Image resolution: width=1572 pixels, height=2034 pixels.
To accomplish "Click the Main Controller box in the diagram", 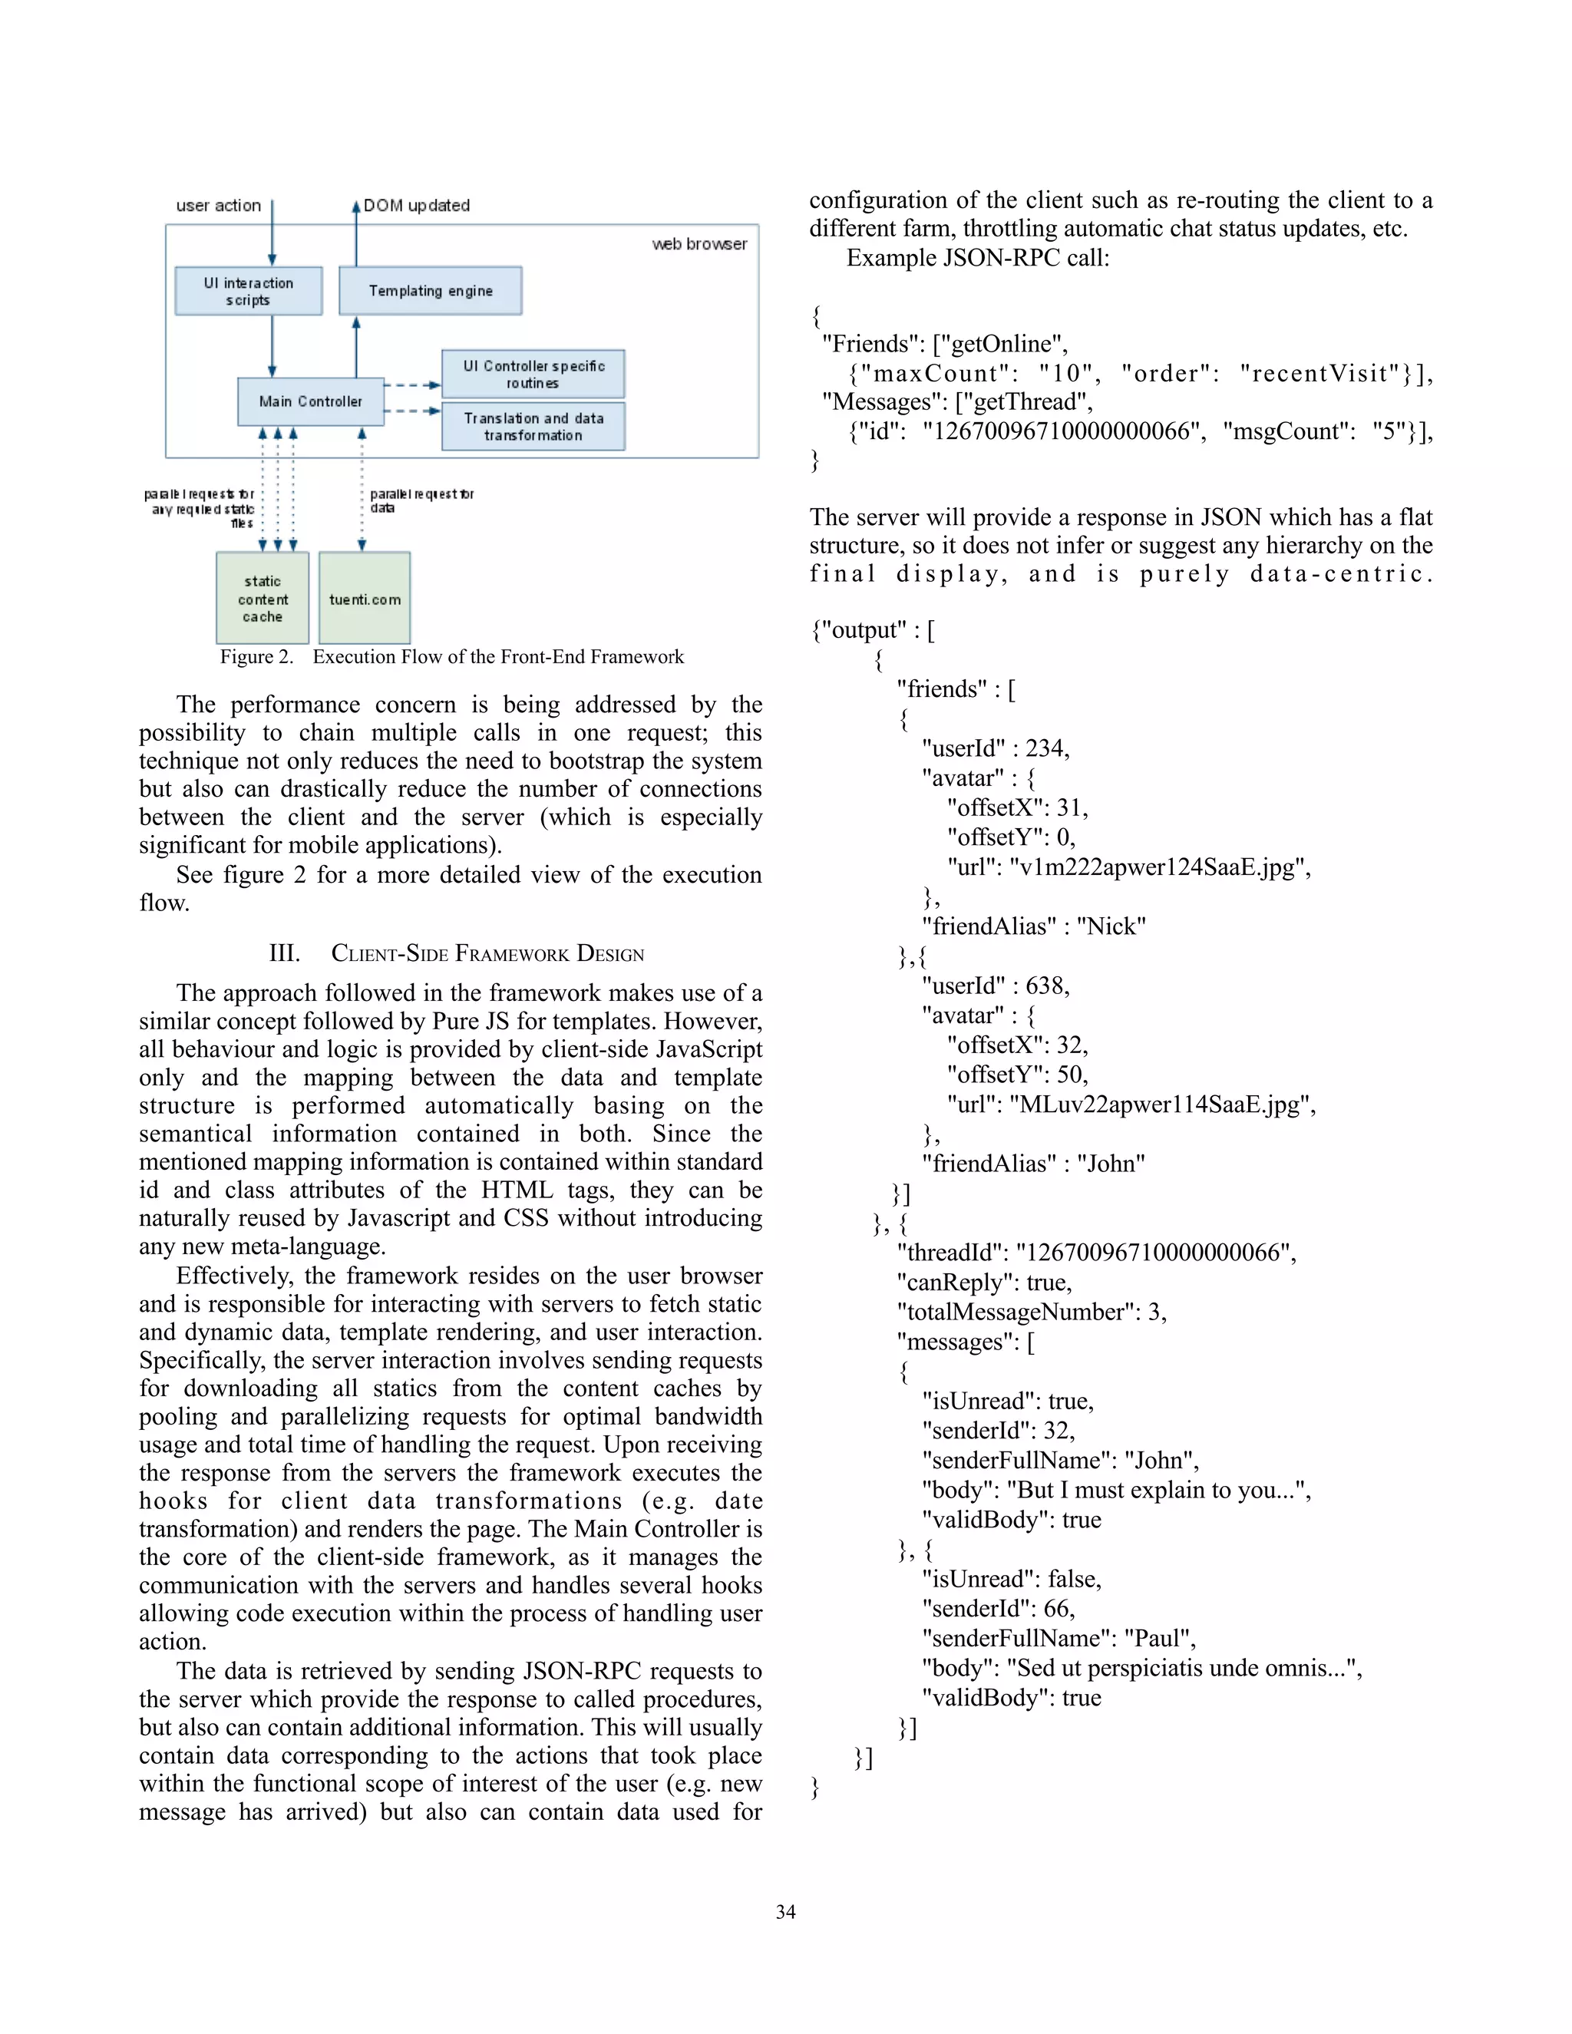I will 310,401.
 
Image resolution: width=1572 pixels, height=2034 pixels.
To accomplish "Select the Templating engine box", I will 431,291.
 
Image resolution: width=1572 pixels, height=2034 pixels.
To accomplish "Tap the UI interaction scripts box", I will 249,291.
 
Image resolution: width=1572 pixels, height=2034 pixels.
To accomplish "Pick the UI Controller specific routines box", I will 533,375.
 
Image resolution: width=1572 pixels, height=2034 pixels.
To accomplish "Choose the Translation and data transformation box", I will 533,427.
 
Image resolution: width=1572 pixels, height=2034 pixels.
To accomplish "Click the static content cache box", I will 263,598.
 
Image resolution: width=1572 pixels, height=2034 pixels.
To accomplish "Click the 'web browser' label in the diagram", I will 699,244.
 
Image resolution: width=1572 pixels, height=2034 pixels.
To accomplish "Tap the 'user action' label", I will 219,206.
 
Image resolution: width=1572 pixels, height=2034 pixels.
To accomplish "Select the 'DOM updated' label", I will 416,206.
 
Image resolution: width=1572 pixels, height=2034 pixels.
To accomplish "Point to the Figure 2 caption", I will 451,656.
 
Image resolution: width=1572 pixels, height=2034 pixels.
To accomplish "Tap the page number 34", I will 786,1912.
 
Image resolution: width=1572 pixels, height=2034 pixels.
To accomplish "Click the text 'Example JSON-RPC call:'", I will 978,258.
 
